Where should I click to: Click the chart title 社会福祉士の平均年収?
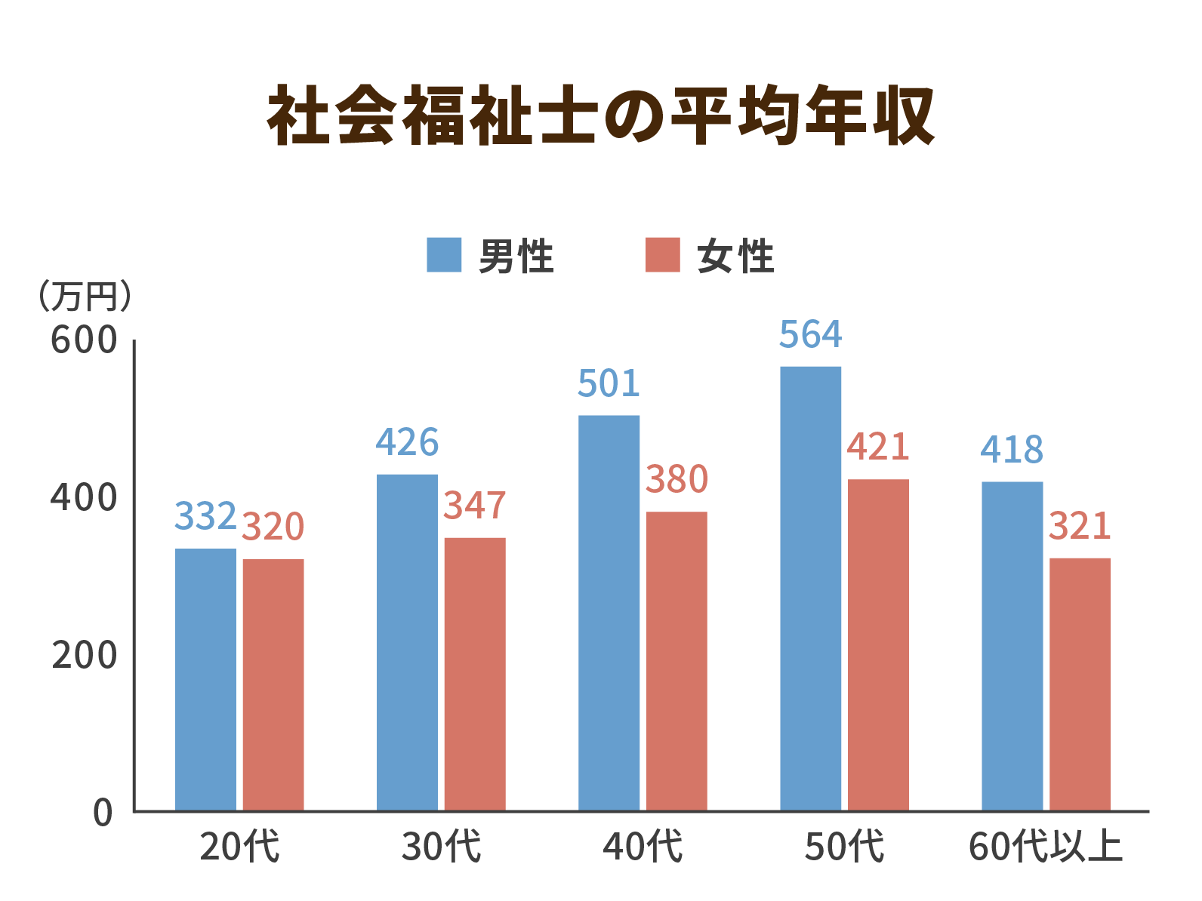tap(601, 115)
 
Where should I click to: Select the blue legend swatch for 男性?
tap(444, 255)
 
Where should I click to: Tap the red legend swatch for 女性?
tap(663, 255)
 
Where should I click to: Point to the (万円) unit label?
tap(85, 297)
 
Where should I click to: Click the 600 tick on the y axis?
tap(84, 340)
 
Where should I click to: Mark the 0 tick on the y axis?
tap(103, 813)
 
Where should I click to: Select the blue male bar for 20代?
tap(205, 679)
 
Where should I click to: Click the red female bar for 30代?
tap(474, 673)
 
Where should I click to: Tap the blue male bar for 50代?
tap(810, 589)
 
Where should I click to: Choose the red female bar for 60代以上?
tap(1080, 684)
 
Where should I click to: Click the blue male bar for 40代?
tap(609, 613)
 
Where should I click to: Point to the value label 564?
tap(810, 335)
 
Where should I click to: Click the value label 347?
tap(474, 506)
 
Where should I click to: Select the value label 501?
tap(609, 383)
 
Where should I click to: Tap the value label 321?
tap(1080, 526)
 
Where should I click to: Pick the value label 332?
tap(205, 516)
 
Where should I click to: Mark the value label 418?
tap(1012, 450)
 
